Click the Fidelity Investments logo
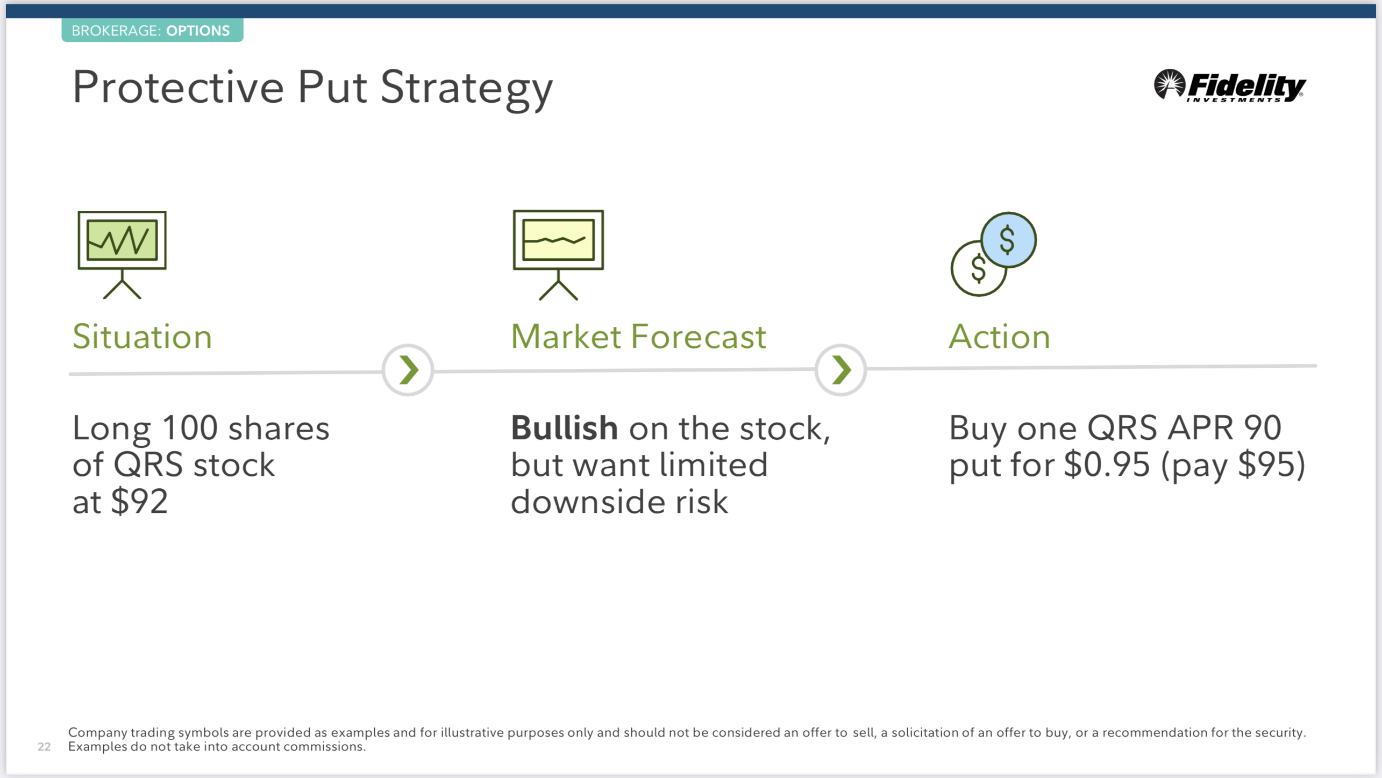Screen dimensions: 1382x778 coord(1229,85)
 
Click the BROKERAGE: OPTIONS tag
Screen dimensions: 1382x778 coord(152,30)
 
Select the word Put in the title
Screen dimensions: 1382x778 coord(332,87)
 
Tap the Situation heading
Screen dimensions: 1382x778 coord(143,337)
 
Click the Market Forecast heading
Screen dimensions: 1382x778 coord(638,337)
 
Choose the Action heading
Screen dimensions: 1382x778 coord(999,337)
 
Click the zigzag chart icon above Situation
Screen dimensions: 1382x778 coord(122,254)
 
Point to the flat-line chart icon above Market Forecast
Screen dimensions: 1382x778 coord(558,254)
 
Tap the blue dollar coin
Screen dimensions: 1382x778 coord(1008,240)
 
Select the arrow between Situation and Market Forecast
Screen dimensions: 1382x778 coord(408,370)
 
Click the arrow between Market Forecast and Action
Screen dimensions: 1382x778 coord(840,370)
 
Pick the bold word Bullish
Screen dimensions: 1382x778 coord(564,428)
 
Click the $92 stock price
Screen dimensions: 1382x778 coord(139,502)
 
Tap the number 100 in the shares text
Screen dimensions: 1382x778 coord(190,428)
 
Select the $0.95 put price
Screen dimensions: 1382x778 coord(1107,465)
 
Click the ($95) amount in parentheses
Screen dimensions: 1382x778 coord(1233,465)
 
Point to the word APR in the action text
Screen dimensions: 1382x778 coord(1201,428)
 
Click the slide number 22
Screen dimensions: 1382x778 coord(44,746)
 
